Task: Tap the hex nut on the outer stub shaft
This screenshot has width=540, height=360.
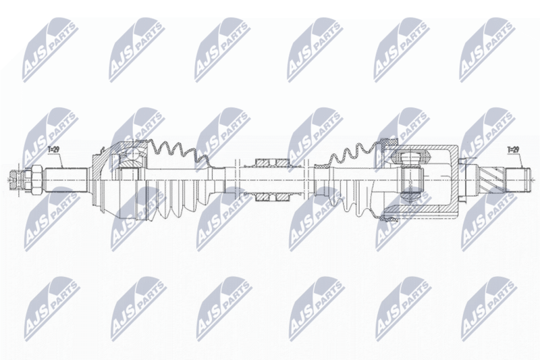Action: [37, 180]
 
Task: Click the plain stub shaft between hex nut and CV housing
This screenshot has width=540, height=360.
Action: [65, 180]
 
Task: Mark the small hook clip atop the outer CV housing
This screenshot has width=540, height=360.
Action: [102, 150]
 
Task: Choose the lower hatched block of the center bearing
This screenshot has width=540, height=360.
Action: [273, 197]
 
